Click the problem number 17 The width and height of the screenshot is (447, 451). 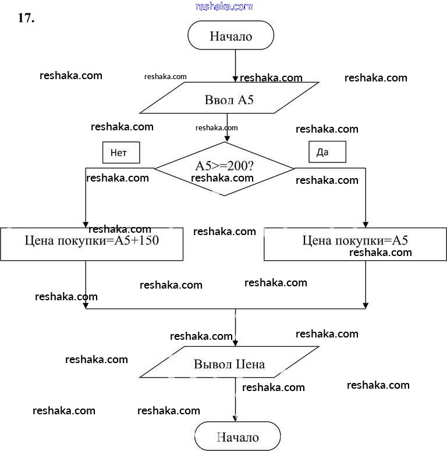(27, 18)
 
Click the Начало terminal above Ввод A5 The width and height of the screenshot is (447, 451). (230, 36)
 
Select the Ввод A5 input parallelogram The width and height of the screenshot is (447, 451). (229, 99)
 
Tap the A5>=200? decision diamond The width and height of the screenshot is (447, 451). (224, 169)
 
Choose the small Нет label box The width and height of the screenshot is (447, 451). (122, 153)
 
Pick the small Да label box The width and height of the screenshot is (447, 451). (327, 152)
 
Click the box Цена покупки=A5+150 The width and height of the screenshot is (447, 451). (92, 243)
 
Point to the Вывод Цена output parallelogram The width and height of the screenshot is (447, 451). (229, 364)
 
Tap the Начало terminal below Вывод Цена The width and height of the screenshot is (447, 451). (237, 437)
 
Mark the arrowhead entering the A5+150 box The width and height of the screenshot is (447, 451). (86, 223)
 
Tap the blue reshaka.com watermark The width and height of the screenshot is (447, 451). (224, 6)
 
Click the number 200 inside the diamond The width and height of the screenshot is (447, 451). (237, 165)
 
